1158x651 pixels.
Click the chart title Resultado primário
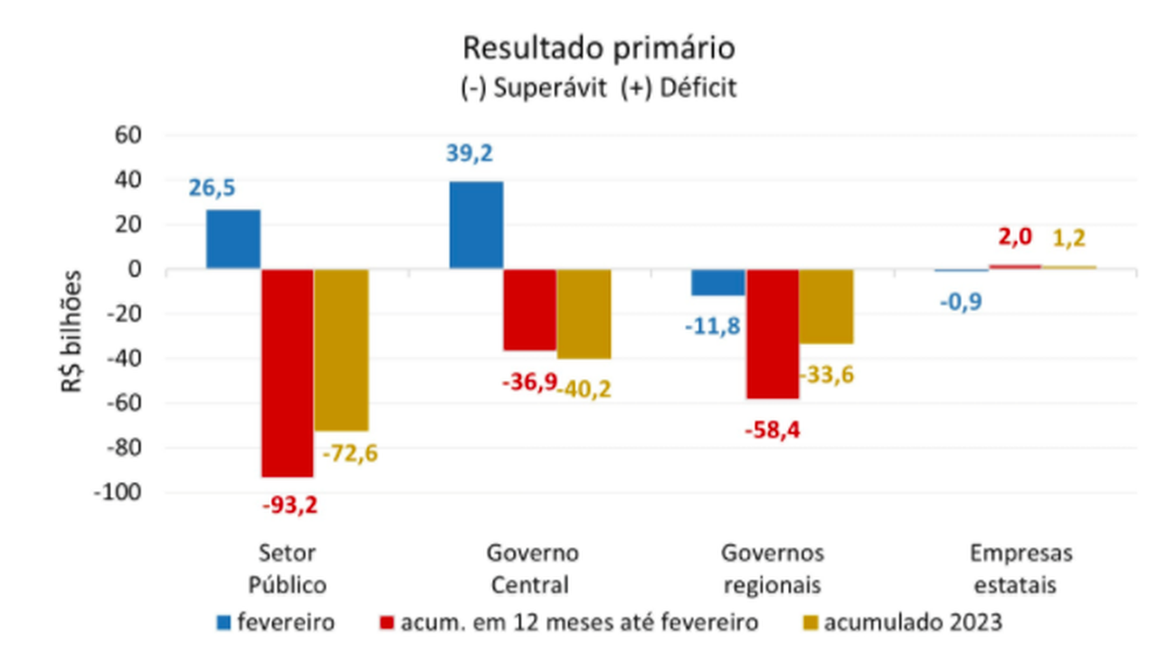(598, 48)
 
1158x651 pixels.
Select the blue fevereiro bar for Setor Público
(233, 240)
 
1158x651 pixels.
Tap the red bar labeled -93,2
(288, 373)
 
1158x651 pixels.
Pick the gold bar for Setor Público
(341, 350)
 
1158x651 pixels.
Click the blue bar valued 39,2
(476, 225)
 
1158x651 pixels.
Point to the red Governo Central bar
(529, 310)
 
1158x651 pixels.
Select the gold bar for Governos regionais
(826, 307)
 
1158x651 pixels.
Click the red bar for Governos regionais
(773, 334)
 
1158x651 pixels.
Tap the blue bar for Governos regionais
(719, 282)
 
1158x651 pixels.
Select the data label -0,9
(962, 300)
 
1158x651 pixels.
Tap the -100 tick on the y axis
(118, 493)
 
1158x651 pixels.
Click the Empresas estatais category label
(1020, 569)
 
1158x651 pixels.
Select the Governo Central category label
(532, 569)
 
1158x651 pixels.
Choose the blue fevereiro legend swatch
(223, 622)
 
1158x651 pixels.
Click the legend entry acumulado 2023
(913, 622)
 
